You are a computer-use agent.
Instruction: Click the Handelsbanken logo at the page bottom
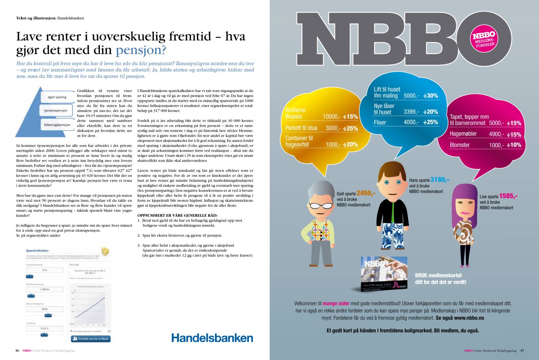212,337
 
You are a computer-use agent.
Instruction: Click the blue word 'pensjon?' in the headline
141,50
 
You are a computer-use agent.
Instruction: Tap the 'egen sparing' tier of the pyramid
56,97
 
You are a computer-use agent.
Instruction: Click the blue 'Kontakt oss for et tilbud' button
90,338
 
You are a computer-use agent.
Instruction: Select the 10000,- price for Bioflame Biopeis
330,117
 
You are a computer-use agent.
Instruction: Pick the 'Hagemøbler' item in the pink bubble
463,134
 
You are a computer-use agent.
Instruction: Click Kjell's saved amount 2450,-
366,193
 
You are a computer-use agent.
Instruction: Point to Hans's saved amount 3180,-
440,179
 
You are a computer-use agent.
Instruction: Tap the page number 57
522,351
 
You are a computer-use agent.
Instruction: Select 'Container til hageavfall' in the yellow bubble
299,141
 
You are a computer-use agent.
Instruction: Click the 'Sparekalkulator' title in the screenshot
37,250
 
